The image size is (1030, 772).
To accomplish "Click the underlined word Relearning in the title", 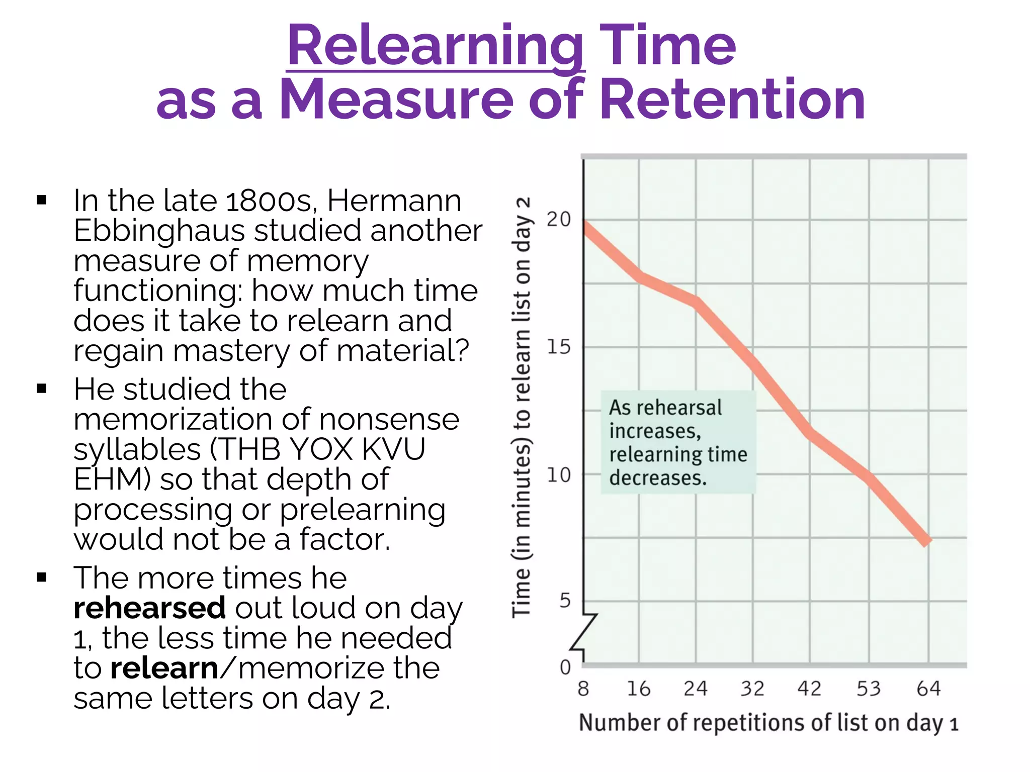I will (x=435, y=46).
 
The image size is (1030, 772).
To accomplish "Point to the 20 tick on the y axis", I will (x=559, y=220).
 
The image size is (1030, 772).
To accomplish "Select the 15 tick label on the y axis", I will (x=559, y=347).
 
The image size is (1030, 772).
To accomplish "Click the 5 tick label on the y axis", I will (x=565, y=601).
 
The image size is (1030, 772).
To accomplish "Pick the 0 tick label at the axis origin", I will (x=565, y=667).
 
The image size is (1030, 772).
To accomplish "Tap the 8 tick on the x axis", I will (x=583, y=689).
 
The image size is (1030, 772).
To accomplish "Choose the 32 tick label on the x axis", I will (x=752, y=689).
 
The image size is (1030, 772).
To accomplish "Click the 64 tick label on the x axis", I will (x=928, y=689).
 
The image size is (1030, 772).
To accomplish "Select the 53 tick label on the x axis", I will (x=869, y=689).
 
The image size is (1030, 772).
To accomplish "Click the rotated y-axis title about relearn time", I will (x=522, y=407).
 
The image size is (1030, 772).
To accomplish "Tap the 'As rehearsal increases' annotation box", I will (x=678, y=442).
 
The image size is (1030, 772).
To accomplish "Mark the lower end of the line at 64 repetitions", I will (x=926, y=542).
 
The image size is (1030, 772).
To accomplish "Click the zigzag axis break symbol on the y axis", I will (x=584, y=632).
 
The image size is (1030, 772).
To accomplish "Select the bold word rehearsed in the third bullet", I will (x=149, y=608).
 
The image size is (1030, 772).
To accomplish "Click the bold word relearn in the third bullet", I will (x=164, y=668).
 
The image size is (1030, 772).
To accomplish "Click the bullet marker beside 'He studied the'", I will (x=42, y=389).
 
